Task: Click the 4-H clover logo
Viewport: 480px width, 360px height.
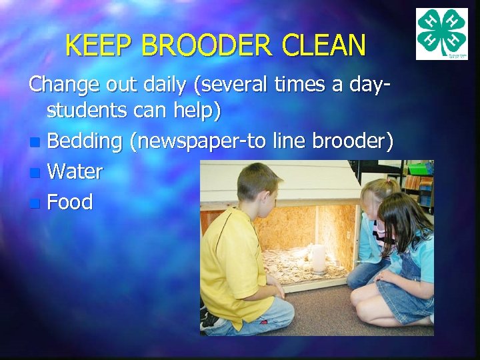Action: [442, 34]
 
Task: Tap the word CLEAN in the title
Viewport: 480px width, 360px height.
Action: [324, 46]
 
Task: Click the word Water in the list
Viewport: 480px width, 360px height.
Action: [75, 172]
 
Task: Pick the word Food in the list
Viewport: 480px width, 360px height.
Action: [70, 202]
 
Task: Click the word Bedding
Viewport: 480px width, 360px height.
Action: [85, 142]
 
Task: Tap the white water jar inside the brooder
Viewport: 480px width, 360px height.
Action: [318, 258]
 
